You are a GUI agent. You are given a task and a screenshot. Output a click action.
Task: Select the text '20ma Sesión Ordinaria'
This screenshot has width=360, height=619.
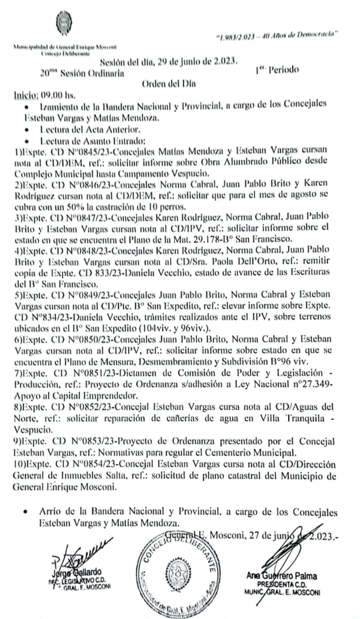pos(82,74)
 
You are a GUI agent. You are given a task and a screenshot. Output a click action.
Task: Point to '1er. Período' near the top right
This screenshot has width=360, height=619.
pos(277,69)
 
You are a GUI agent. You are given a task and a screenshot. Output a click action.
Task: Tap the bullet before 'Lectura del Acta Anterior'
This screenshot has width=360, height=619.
pos(31,130)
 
